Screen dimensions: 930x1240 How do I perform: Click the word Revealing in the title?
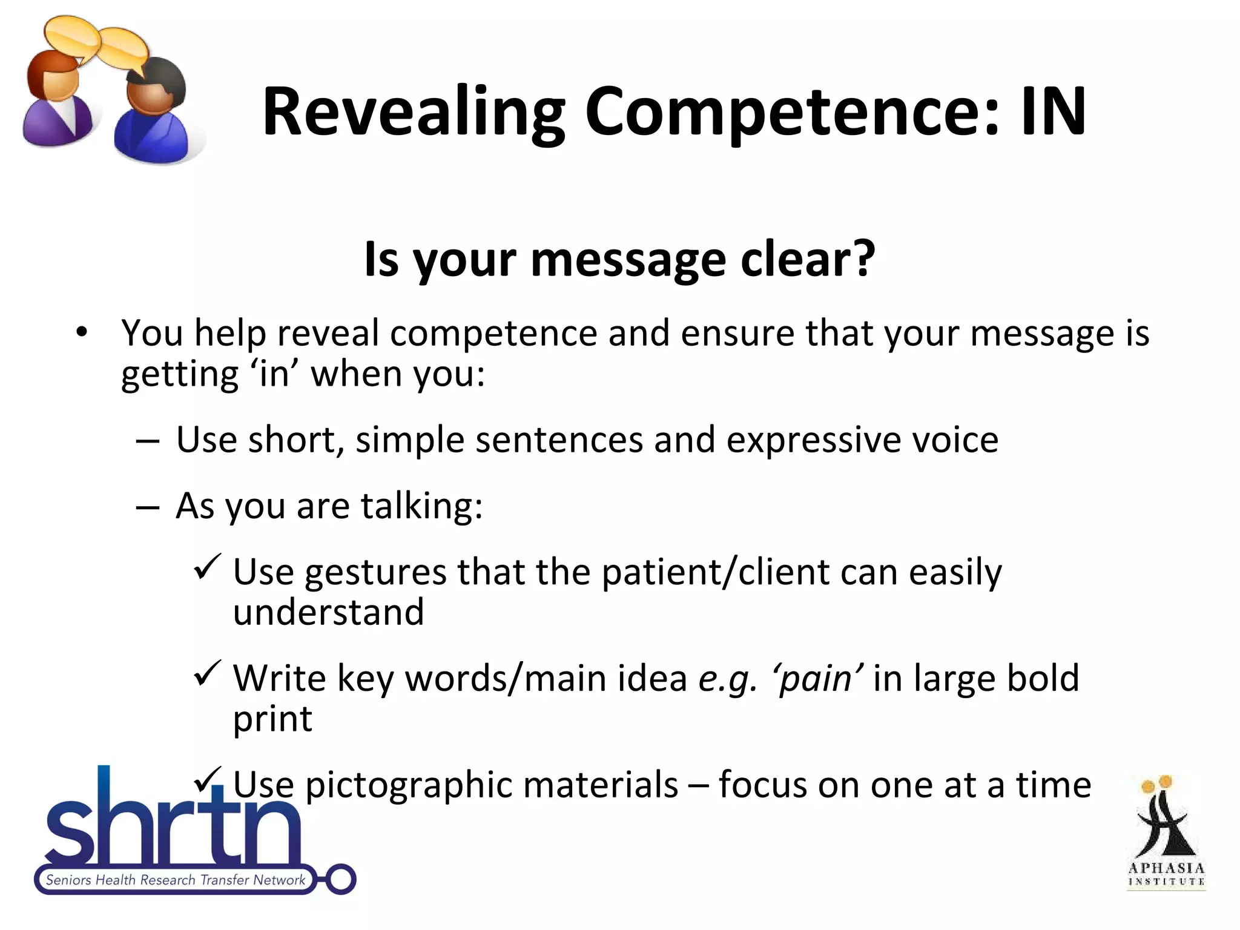tap(414, 113)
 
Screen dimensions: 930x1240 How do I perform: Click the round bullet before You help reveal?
tap(82, 332)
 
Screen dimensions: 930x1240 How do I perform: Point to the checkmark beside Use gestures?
tap(207, 567)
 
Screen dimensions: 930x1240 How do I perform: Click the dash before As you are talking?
tap(148, 507)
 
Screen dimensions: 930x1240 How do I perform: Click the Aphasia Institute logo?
tap(1166, 833)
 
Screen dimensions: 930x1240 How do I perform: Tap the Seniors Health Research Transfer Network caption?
tap(176, 880)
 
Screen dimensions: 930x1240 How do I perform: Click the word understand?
tap(328, 612)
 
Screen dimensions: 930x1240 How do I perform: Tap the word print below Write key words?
tap(272, 719)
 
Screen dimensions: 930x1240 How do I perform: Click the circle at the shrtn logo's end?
tap(341, 879)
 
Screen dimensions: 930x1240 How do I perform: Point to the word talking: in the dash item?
tap(421, 506)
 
